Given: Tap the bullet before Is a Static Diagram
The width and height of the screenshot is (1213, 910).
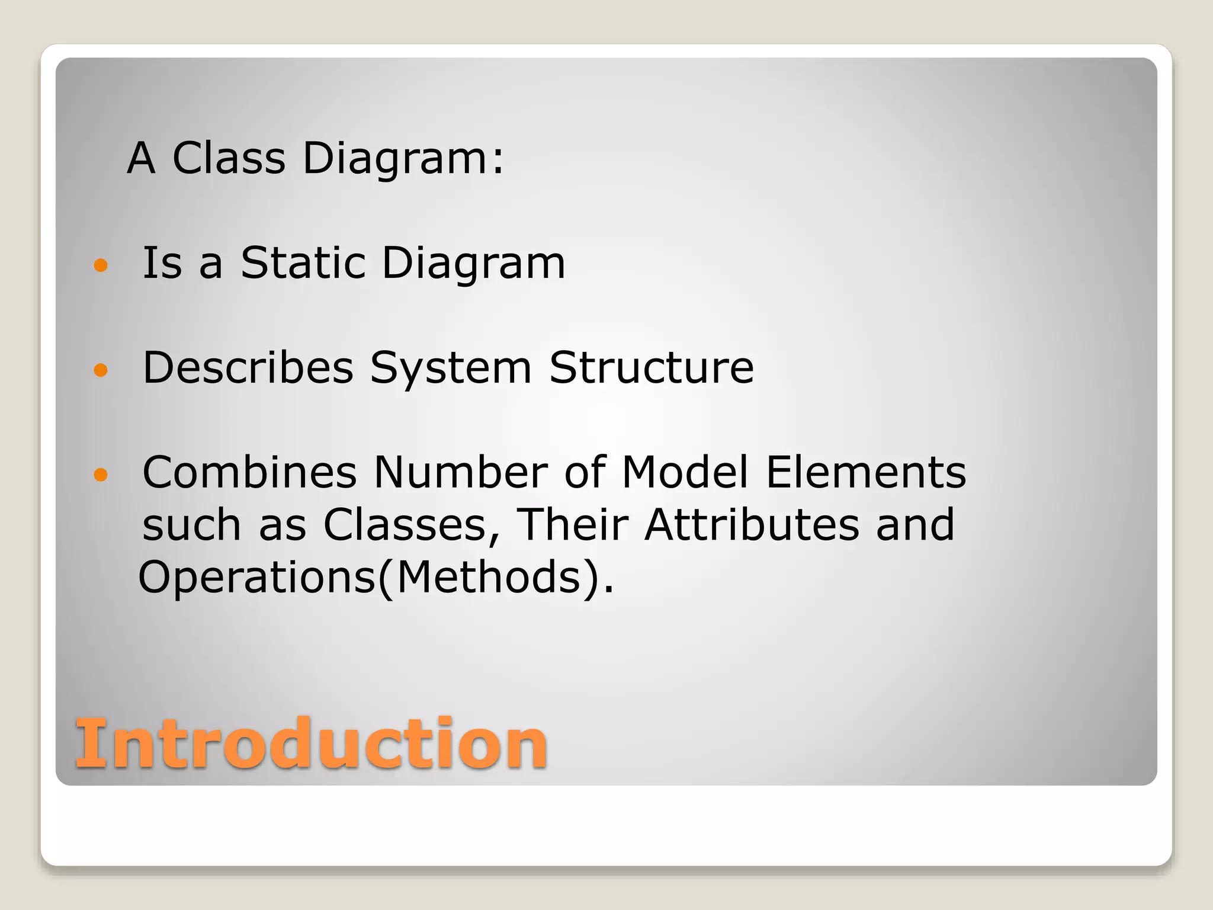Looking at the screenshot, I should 101,265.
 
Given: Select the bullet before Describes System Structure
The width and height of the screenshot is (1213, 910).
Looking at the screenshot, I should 101,370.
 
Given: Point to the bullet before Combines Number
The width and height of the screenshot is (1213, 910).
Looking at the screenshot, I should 101,475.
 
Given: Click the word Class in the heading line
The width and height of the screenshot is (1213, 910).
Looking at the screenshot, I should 229,158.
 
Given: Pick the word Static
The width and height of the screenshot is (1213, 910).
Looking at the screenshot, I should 303,262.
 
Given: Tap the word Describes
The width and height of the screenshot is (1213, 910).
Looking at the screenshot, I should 248,367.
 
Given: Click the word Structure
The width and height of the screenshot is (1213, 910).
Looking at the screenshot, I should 652,367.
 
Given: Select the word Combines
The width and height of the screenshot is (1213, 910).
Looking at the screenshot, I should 249,472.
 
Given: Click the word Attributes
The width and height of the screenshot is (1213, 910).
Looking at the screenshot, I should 752,524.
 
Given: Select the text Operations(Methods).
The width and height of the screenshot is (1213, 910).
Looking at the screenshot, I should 376,578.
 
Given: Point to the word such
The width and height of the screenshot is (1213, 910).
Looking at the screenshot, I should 191,526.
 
